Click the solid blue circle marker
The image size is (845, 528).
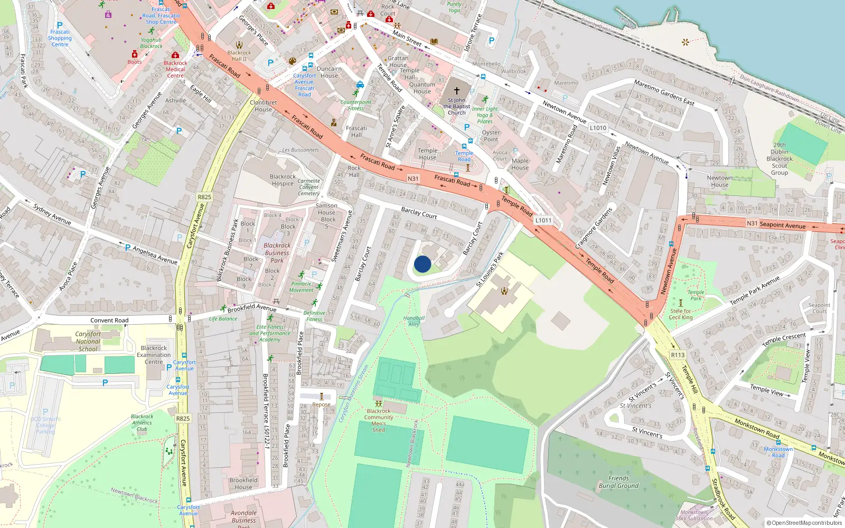tap(422, 264)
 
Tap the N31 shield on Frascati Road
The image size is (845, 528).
tap(413, 178)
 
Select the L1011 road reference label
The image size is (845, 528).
tap(543, 220)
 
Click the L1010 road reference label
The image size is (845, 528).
tap(598, 128)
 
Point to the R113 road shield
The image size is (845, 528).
tap(678, 355)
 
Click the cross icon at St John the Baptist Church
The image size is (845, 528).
tap(457, 91)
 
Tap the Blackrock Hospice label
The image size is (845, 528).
tap(283, 180)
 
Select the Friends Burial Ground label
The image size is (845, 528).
tap(618, 482)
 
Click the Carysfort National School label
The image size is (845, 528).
tap(88, 341)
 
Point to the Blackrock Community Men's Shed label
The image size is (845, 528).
tap(379, 420)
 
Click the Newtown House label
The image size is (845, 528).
tap(719, 181)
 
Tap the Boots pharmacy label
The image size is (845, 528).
tap(134, 62)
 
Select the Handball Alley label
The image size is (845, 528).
tap(414, 321)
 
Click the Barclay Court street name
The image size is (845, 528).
tap(419, 213)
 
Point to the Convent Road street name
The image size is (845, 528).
tap(109, 320)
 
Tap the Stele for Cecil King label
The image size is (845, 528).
tap(681, 314)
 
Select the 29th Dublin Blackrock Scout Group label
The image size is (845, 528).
tap(780, 158)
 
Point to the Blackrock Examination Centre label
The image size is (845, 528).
tap(154, 355)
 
